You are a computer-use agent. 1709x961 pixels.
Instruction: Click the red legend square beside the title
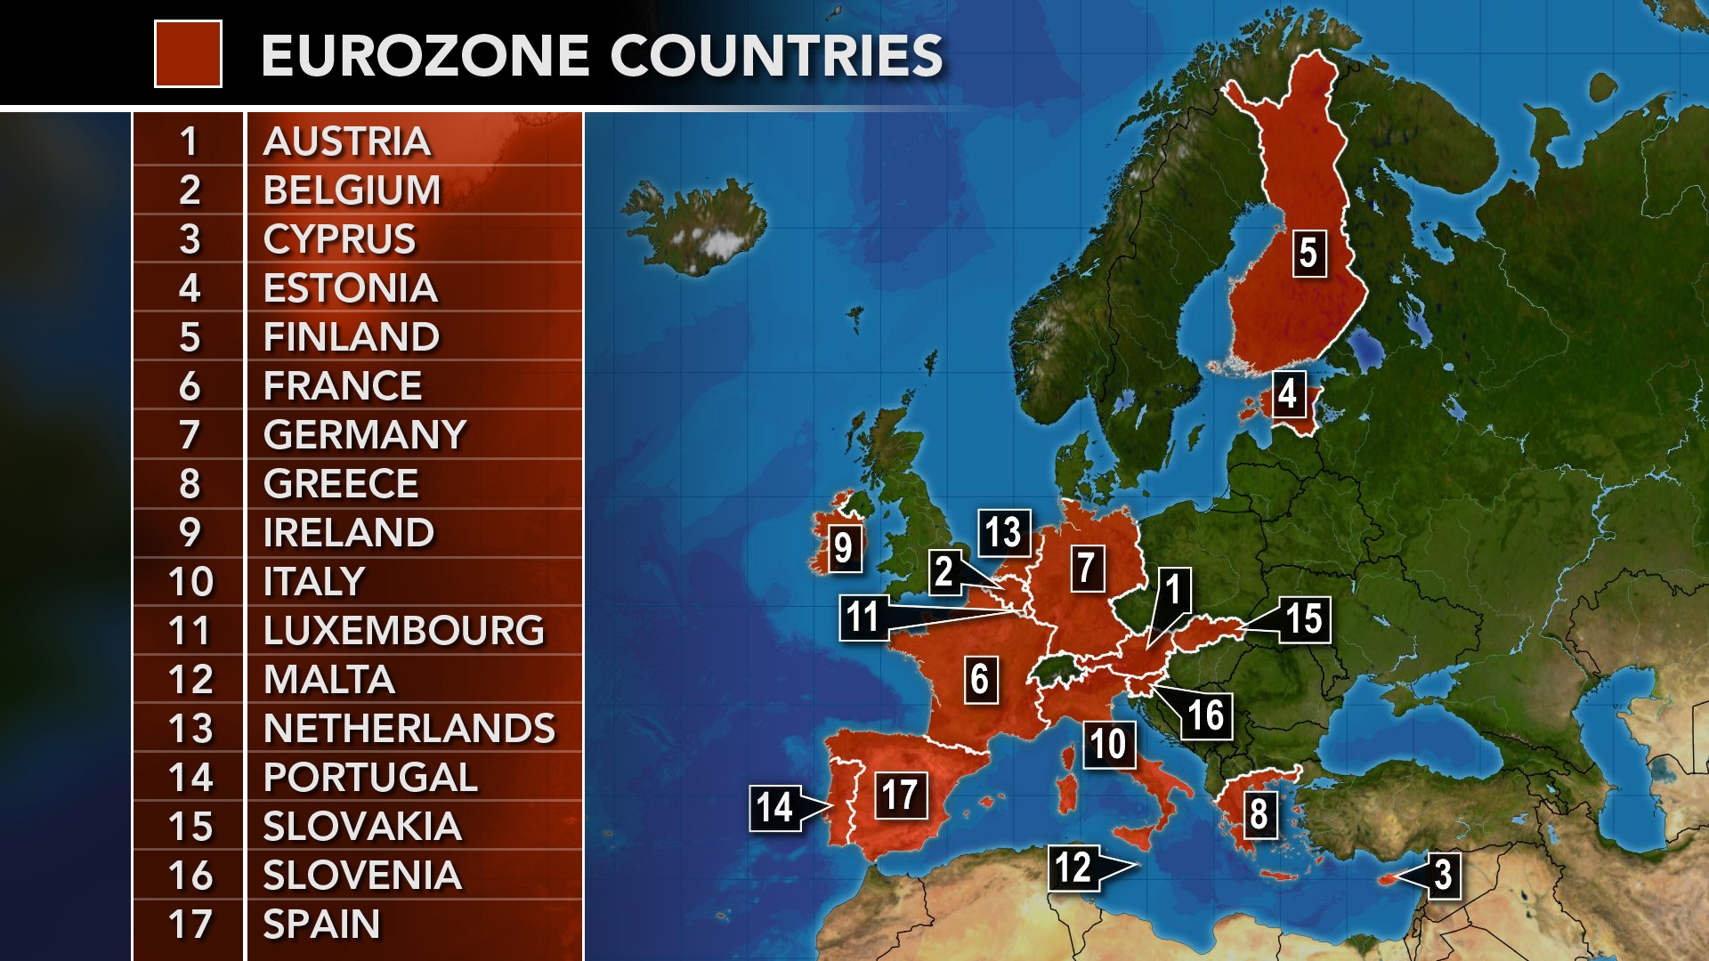(188, 54)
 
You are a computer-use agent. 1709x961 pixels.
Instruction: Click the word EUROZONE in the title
(425, 55)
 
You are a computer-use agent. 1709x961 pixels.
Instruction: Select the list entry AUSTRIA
(347, 141)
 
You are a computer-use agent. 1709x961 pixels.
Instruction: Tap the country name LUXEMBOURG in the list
(403, 631)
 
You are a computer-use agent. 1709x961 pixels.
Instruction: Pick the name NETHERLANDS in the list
(409, 729)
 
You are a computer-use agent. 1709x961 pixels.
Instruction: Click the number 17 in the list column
(190, 925)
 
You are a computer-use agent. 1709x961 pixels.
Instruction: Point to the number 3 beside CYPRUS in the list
(190, 239)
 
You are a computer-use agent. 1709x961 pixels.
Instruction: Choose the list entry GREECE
(341, 484)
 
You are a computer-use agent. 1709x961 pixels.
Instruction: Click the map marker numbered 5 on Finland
(1308, 253)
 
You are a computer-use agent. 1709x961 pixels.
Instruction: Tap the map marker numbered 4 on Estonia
(1287, 393)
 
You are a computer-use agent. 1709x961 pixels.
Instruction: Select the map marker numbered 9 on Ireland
(843, 548)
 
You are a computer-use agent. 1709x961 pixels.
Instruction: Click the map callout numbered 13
(1003, 532)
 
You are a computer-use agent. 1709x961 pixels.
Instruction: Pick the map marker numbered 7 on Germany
(1085, 568)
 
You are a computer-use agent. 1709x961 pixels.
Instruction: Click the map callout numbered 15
(1305, 619)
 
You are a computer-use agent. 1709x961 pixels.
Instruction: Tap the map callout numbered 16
(1206, 715)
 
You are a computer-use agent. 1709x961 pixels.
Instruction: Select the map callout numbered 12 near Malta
(1073, 866)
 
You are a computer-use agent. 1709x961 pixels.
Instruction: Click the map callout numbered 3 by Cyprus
(1443, 874)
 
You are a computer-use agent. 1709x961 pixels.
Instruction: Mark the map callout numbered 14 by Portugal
(774, 808)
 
